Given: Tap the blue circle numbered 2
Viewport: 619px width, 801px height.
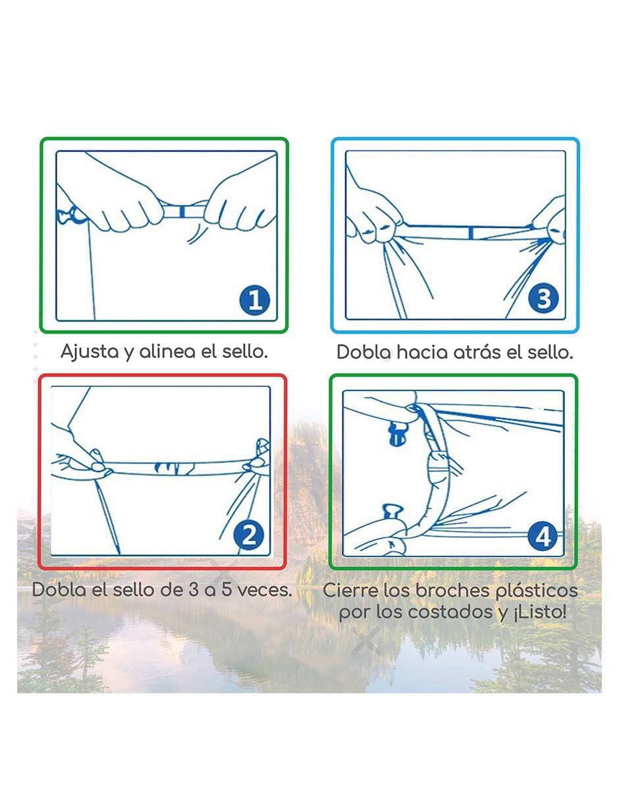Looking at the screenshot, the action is pyautogui.click(x=249, y=535).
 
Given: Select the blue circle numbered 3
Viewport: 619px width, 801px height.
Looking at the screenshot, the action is pyautogui.click(x=543, y=299).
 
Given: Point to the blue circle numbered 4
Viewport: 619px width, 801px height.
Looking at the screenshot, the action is pyautogui.click(x=543, y=537).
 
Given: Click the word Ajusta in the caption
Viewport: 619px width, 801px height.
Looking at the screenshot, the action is pyautogui.click(x=90, y=351).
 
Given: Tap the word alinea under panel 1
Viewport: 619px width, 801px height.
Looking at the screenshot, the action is pyautogui.click(x=167, y=351).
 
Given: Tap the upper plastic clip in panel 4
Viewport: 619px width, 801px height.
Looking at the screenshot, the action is pyautogui.click(x=398, y=434).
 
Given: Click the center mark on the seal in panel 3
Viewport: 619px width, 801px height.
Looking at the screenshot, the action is pyautogui.click(x=471, y=232).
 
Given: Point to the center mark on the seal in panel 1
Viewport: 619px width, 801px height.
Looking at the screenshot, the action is pyautogui.click(x=182, y=212).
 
